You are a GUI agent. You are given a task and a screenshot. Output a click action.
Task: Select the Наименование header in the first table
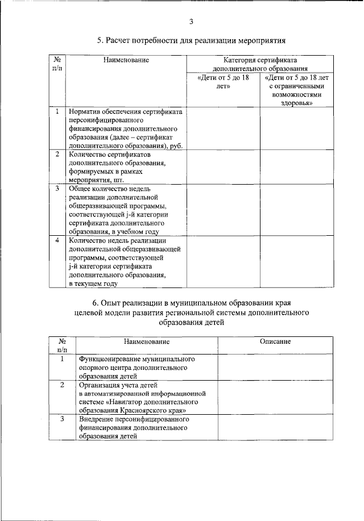tap(126, 59)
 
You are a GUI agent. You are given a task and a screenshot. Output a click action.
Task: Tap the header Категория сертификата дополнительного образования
tap(260, 64)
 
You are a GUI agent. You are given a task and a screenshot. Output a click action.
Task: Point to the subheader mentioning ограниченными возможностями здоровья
tap(297, 90)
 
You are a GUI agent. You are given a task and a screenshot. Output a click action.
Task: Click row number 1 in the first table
tap(57, 112)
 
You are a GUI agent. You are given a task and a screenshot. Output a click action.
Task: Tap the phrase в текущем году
tap(93, 283)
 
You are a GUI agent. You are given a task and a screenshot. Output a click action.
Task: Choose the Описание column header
tap(275, 341)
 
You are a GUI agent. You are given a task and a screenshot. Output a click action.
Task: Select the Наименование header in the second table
tap(147, 341)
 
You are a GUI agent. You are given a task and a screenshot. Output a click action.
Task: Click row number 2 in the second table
tap(62, 385)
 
